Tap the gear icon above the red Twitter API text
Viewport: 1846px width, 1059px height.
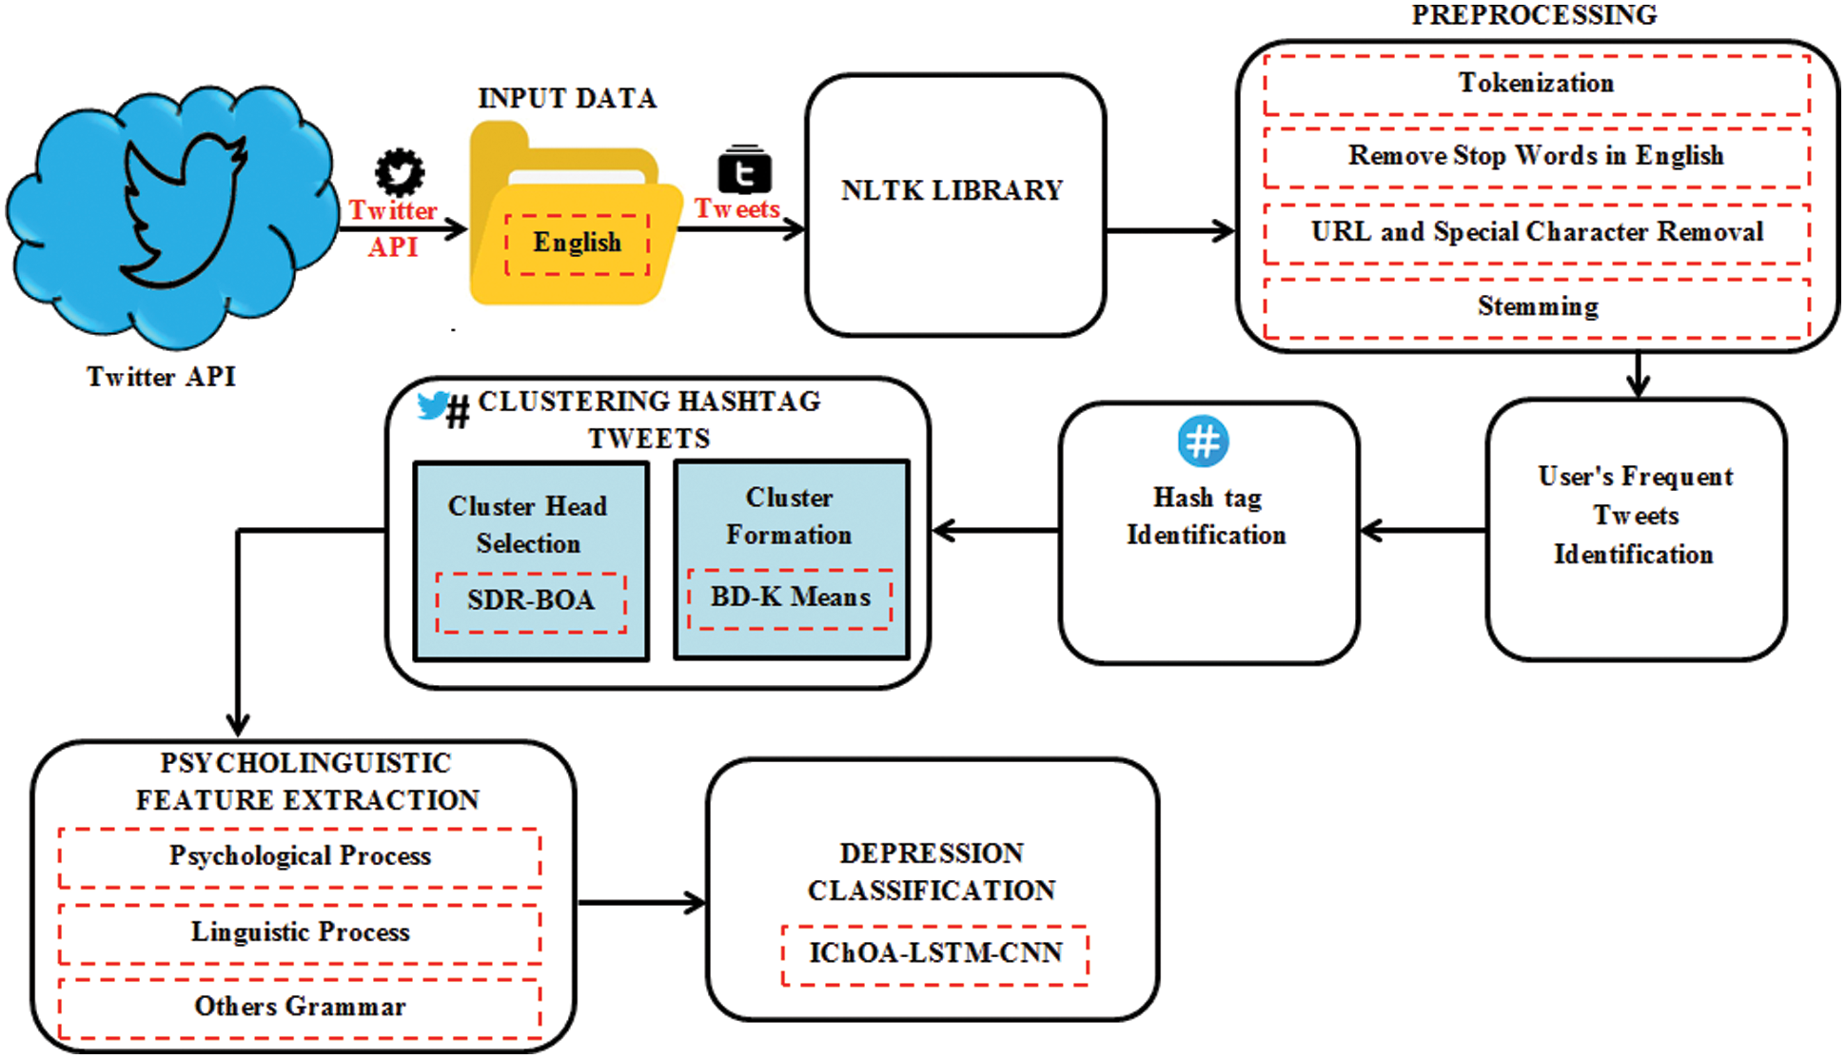[400, 172]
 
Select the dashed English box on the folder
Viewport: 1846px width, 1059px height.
[577, 244]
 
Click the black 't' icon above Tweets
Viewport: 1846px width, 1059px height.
[744, 170]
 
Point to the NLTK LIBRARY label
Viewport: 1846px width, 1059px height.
[952, 190]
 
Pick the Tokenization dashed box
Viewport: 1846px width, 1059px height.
[1536, 84]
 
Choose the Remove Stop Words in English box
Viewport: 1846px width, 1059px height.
[1536, 156]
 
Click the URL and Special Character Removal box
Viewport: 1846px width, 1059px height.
[1536, 232]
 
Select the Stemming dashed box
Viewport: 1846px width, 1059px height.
[1536, 307]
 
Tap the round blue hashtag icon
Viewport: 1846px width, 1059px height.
[1203, 441]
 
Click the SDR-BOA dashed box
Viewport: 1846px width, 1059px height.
[531, 601]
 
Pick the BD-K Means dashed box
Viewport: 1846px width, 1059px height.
[790, 598]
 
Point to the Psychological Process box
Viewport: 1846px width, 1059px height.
[300, 857]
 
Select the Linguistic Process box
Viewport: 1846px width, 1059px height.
[300, 932]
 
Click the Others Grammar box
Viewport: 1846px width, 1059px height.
[300, 1008]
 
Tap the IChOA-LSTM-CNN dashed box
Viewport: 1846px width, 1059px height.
[934, 954]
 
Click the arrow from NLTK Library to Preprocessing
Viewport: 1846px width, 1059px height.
[1170, 230]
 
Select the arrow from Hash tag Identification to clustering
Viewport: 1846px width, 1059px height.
[995, 531]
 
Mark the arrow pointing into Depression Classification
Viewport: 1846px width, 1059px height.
[642, 903]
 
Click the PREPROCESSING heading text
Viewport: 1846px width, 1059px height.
[1534, 15]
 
